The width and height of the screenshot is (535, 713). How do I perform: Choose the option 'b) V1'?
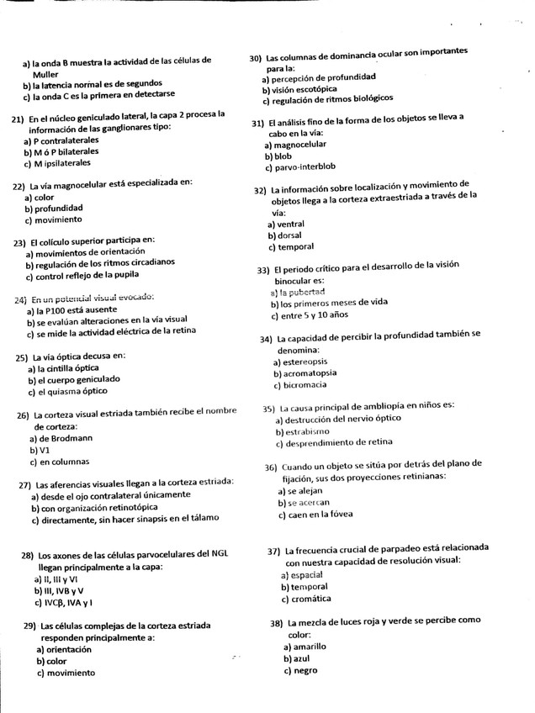(40, 450)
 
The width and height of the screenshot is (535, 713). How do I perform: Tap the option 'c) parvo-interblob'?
(300, 166)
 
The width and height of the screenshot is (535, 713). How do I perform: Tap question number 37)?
(274, 551)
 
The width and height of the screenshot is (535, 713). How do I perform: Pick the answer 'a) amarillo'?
(305, 647)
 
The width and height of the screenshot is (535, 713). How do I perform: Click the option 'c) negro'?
(300, 671)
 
